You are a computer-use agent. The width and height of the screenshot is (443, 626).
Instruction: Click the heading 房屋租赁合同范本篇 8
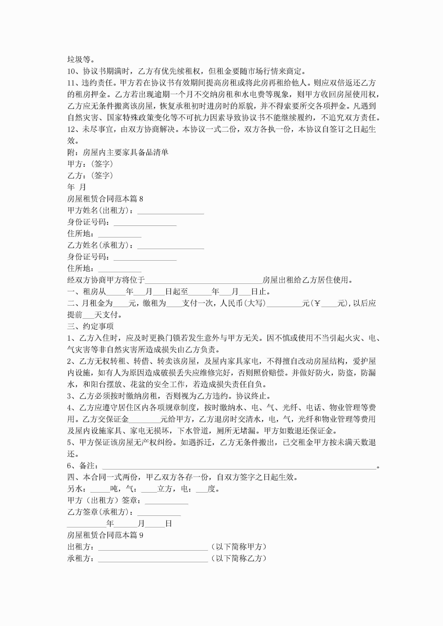click(x=105, y=199)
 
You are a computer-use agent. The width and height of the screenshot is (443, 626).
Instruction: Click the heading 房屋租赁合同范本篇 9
click(x=105, y=535)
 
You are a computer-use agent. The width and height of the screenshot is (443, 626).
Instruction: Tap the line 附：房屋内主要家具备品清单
click(x=118, y=152)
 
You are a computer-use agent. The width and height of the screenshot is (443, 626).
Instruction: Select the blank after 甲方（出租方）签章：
click(x=166, y=501)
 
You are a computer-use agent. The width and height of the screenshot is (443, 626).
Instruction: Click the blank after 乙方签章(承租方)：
click(x=159, y=513)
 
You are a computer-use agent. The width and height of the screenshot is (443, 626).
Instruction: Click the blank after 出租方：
click(x=153, y=547)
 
